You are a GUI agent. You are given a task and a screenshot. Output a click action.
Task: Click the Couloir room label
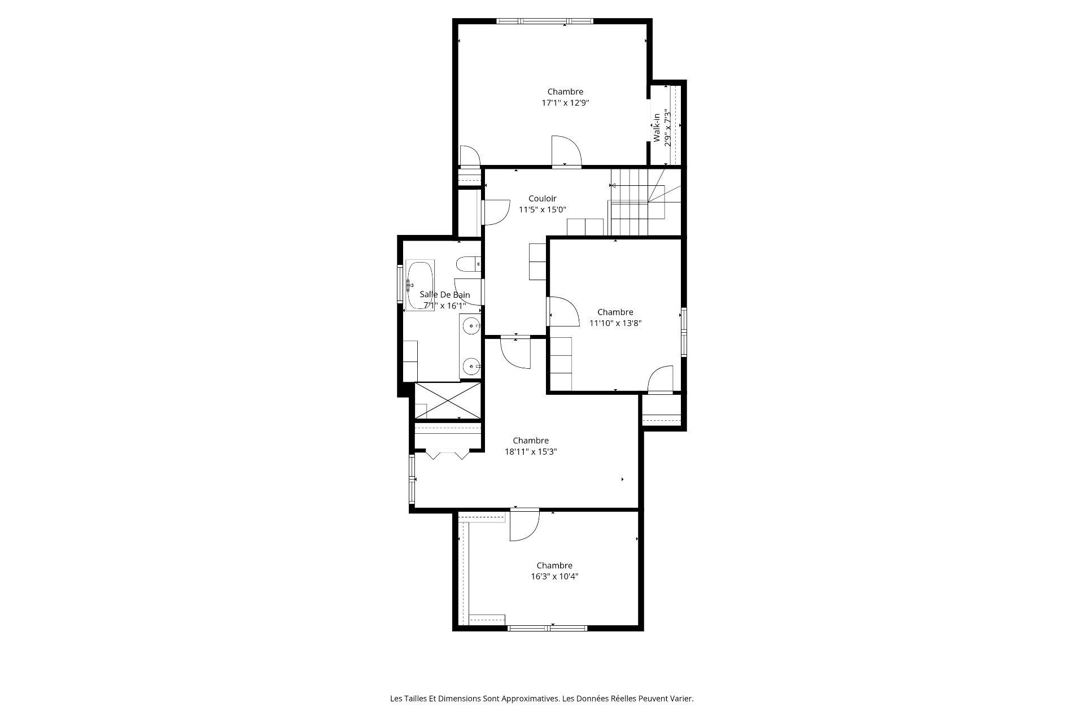pos(542,198)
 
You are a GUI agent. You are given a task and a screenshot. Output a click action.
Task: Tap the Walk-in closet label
pos(657,128)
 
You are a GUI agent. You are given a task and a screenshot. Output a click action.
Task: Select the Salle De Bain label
pos(444,295)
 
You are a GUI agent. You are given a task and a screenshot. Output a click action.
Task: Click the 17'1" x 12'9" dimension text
pos(565,103)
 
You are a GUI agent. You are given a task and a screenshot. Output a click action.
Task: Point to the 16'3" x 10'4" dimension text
pos(554,577)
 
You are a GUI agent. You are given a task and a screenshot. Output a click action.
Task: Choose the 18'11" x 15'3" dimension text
pos(531,452)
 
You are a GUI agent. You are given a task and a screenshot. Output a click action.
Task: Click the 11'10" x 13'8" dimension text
pos(615,324)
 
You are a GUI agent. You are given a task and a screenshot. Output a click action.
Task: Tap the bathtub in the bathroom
pos(419,285)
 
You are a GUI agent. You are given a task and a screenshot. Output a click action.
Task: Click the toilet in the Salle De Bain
pos(468,264)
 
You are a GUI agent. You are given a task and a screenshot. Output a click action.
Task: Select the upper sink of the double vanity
pos(470,326)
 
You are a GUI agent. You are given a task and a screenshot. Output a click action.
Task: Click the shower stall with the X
pos(448,400)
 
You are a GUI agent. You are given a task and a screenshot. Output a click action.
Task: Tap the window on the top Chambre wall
pos(545,21)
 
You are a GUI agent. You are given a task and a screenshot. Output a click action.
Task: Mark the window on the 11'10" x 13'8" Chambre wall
pos(684,332)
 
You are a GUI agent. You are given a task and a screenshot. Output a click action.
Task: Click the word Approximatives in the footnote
pos(528,699)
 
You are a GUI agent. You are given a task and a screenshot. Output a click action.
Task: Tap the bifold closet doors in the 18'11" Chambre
pos(447,454)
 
